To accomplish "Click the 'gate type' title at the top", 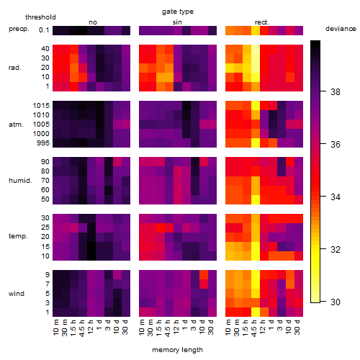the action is coord(178,12).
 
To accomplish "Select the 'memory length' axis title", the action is coord(177,350).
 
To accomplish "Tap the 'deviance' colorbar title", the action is coord(341,29).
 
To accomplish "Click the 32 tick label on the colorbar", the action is coord(336,250).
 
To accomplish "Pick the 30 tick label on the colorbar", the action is coord(336,302).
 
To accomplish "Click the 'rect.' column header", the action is coord(262,22).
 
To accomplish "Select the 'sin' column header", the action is coord(177,22).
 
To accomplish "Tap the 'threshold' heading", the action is coord(40,17).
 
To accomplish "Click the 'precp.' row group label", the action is coord(19,29).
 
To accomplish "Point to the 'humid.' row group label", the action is coord(20,181).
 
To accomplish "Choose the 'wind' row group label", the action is coord(17,294).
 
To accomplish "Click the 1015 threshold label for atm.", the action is coord(41,106).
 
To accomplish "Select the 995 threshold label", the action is coord(43,143).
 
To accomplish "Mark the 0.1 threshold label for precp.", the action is coord(44,30).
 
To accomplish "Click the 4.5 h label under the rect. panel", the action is coord(254,328).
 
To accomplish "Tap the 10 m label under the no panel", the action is coord(56,328).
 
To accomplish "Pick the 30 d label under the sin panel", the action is coord(211,328).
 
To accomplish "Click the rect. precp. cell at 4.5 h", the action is coord(256,30).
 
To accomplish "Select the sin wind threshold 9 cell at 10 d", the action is coord(204,275).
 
